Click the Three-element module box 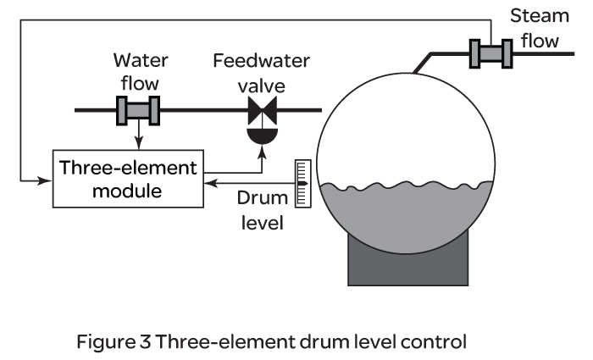click(x=127, y=179)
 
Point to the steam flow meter click(x=490, y=53)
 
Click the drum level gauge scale click(x=300, y=183)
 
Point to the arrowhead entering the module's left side click(x=47, y=180)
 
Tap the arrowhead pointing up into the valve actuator click(x=261, y=146)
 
